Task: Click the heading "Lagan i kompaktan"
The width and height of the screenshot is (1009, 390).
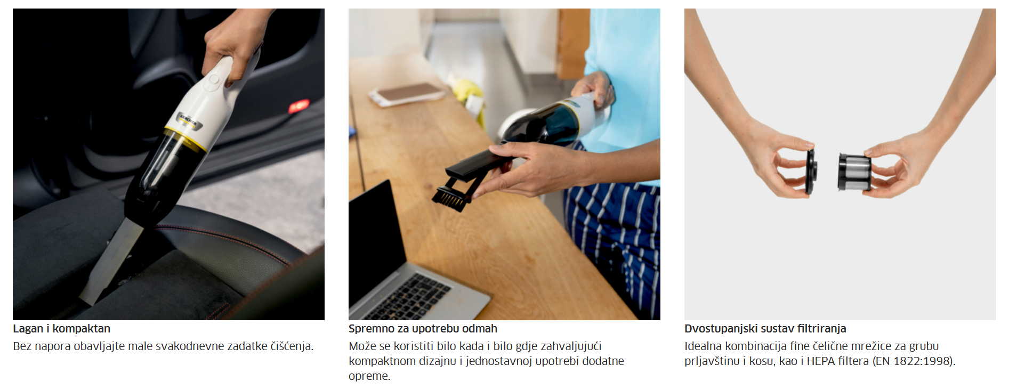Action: point(62,329)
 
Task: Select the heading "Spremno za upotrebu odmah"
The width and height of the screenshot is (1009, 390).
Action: point(423,329)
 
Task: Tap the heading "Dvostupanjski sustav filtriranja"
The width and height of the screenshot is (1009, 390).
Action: point(765,329)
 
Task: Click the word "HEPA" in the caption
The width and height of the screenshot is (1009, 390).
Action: point(821,361)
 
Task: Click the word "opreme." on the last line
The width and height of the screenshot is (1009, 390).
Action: point(369,376)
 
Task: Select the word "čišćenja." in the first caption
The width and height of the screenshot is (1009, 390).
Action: point(292,346)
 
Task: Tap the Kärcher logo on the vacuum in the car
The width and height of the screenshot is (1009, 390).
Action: point(188,120)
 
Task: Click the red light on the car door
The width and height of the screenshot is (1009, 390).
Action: point(298,107)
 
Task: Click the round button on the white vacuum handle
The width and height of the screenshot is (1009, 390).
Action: point(214,80)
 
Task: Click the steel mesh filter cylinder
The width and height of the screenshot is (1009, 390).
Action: point(854,172)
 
